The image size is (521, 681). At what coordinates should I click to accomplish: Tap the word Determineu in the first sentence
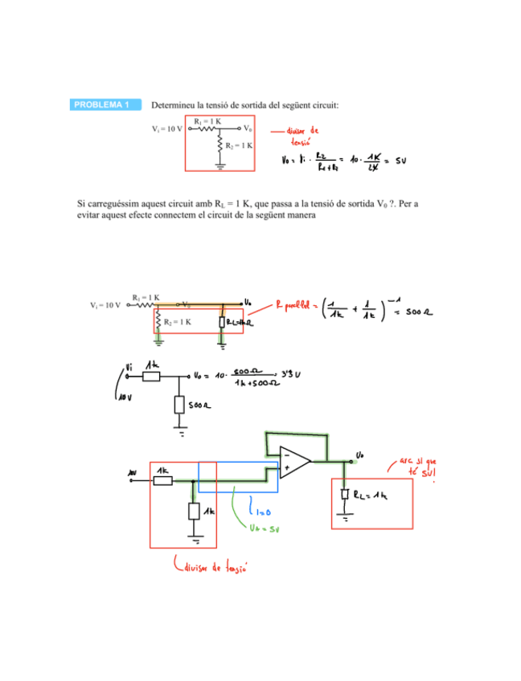tap(174, 105)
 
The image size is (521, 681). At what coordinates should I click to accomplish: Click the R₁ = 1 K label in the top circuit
tap(207, 120)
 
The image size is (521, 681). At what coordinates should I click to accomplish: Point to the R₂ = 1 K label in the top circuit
tap(240, 145)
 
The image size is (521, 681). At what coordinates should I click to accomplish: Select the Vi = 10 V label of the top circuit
tap(168, 128)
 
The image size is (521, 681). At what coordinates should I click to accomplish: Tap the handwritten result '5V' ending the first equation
tap(401, 160)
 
